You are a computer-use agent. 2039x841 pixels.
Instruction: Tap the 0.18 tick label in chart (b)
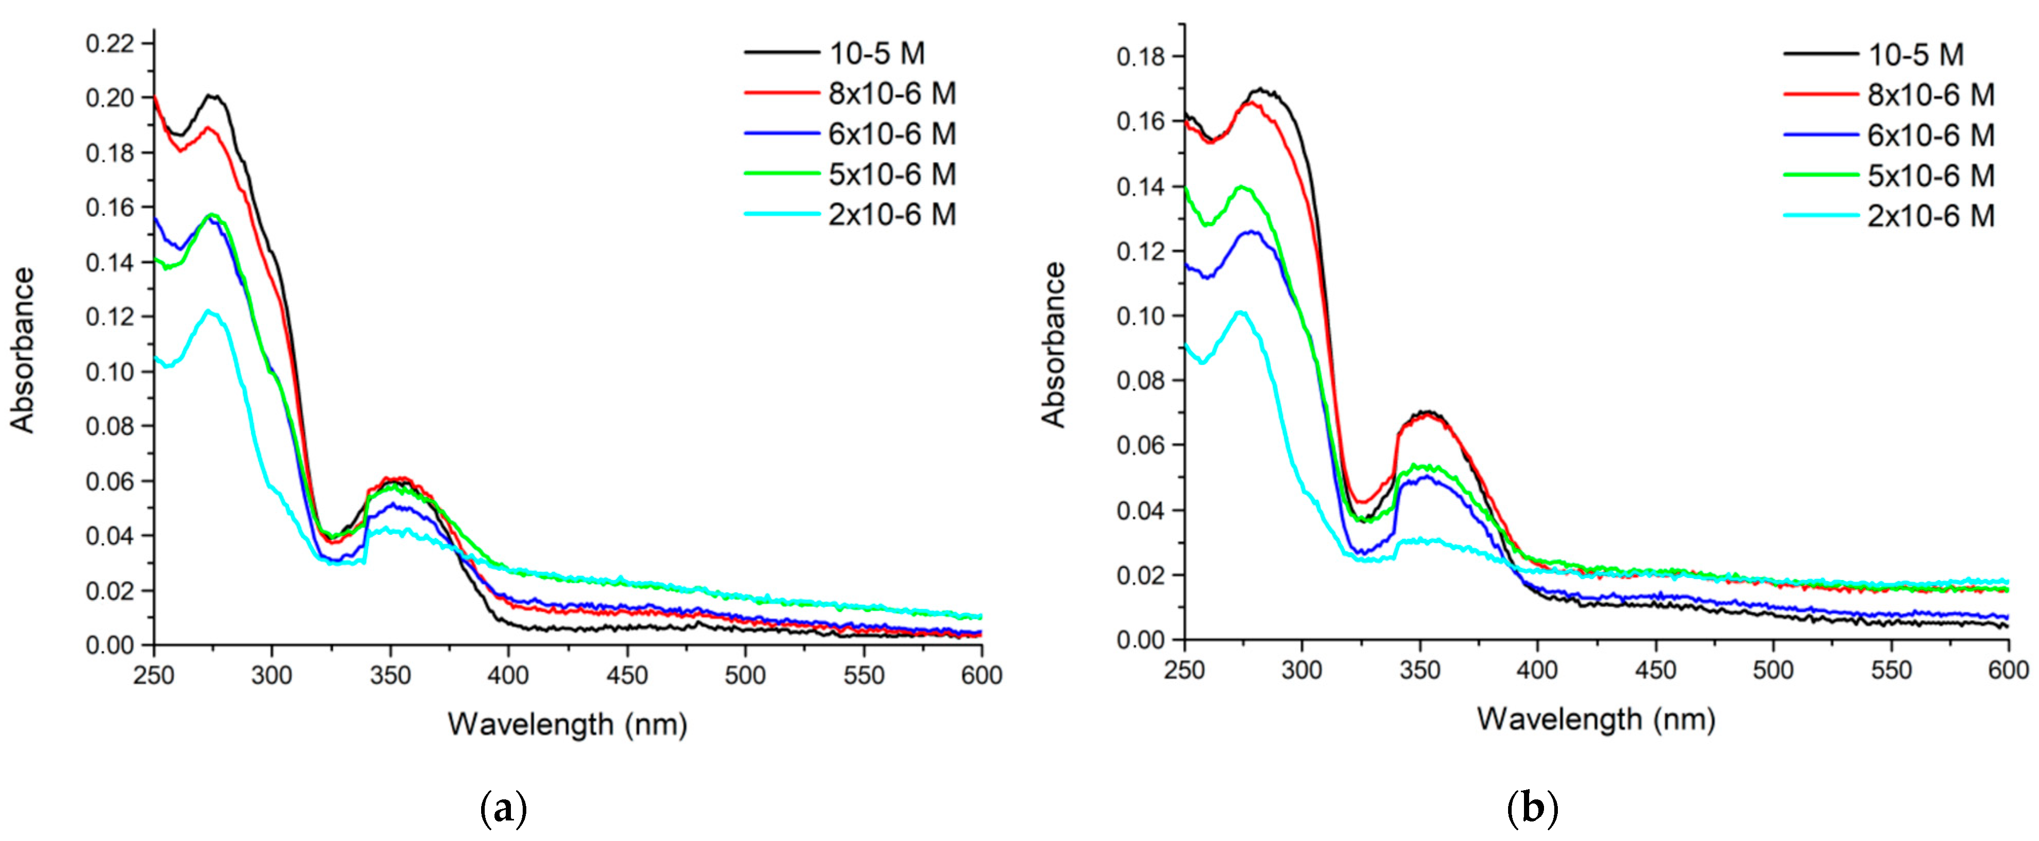pos(1140,57)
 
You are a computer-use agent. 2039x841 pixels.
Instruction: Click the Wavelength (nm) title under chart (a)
pos(567,724)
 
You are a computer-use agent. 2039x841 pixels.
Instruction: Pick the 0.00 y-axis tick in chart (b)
pos(1140,640)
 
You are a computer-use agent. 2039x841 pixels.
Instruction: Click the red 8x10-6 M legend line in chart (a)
pos(781,94)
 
